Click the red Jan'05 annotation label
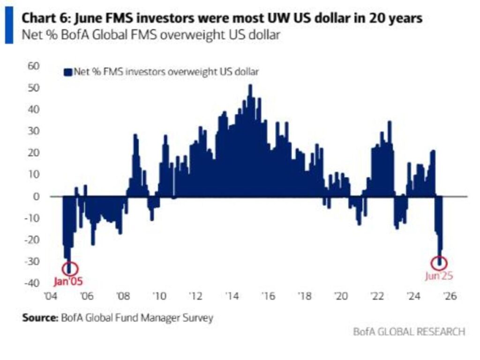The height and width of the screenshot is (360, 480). coord(67,282)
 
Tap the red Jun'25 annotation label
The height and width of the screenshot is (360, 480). coord(439,276)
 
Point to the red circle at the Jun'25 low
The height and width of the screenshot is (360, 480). coord(441,262)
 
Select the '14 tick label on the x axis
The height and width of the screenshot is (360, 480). coord(232,296)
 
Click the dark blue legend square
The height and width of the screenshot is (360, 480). coord(67,72)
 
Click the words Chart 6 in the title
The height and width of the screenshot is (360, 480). coord(41,19)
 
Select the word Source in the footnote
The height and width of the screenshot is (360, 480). coord(39,318)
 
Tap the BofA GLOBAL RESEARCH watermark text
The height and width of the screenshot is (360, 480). coord(409,332)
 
